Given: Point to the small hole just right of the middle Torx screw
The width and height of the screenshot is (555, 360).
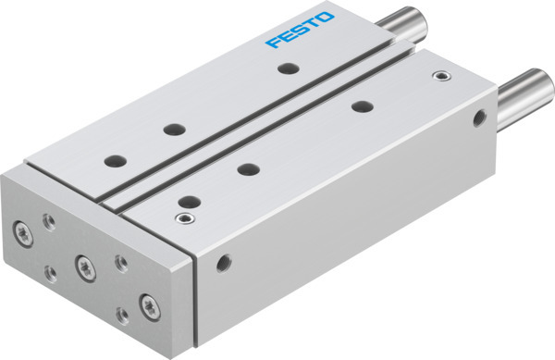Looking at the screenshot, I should coord(118,263).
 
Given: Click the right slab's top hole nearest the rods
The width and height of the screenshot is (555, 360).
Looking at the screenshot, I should coord(361,106).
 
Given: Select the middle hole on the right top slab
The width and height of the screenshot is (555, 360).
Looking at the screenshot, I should coord(246,168).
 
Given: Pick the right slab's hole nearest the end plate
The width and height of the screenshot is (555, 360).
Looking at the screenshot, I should coord(189,199).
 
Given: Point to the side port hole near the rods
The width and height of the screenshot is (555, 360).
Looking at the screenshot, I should coord(478,118).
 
